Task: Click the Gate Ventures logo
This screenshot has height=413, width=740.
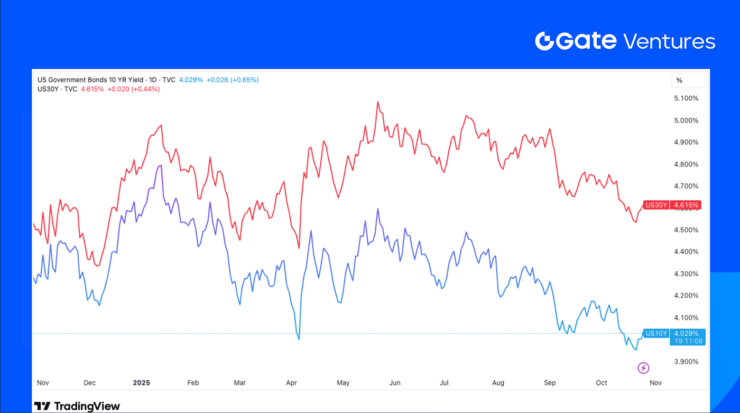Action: pyautogui.click(x=625, y=41)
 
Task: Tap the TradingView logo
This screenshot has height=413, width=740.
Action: pyautogui.click(x=77, y=406)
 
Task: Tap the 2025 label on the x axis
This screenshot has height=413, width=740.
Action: pyautogui.click(x=142, y=382)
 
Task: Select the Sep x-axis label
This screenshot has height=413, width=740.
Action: pyautogui.click(x=550, y=382)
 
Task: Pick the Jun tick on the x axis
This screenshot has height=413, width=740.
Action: pyautogui.click(x=394, y=382)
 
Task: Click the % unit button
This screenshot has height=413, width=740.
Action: pyautogui.click(x=680, y=80)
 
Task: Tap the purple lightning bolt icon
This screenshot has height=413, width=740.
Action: pyautogui.click(x=643, y=368)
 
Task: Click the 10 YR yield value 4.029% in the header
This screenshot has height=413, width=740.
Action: pyautogui.click(x=191, y=80)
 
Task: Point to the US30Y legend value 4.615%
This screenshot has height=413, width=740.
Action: pyautogui.click(x=91, y=89)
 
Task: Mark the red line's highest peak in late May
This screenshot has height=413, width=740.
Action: pyautogui.click(x=378, y=102)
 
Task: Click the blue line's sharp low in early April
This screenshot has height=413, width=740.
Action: pyautogui.click(x=299, y=339)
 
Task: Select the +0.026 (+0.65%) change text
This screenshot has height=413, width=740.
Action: pyautogui.click(x=233, y=80)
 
